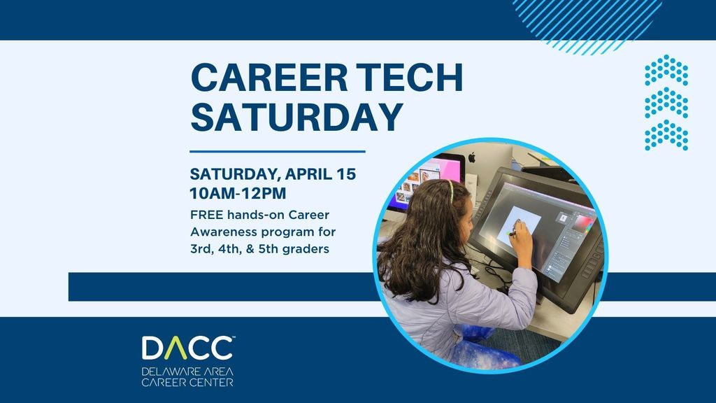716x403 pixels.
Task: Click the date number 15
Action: pyautogui.click(x=345, y=174)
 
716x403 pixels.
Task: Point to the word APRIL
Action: pyautogui.click(x=306, y=174)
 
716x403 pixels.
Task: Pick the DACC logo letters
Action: pyautogui.click(x=187, y=348)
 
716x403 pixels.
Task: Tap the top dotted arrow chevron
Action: pyautogui.click(x=666, y=71)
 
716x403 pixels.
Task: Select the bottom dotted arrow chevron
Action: pyautogui.click(x=666, y=135)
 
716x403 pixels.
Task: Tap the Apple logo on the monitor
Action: pyautogui.click(x=471, y=156)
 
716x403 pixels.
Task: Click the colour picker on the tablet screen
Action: pyautogui.click(x=581, y=225)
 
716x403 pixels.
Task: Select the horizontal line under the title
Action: pyautogui.click(x=278, y=150)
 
